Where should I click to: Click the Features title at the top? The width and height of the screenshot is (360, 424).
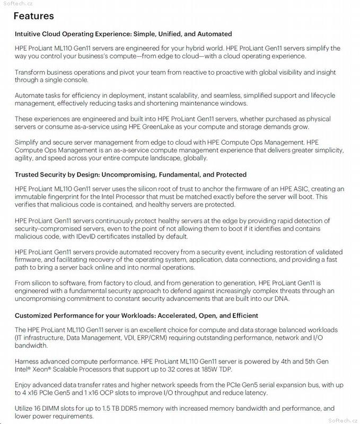point(33,16)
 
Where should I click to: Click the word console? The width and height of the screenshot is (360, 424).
point(77,80)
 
